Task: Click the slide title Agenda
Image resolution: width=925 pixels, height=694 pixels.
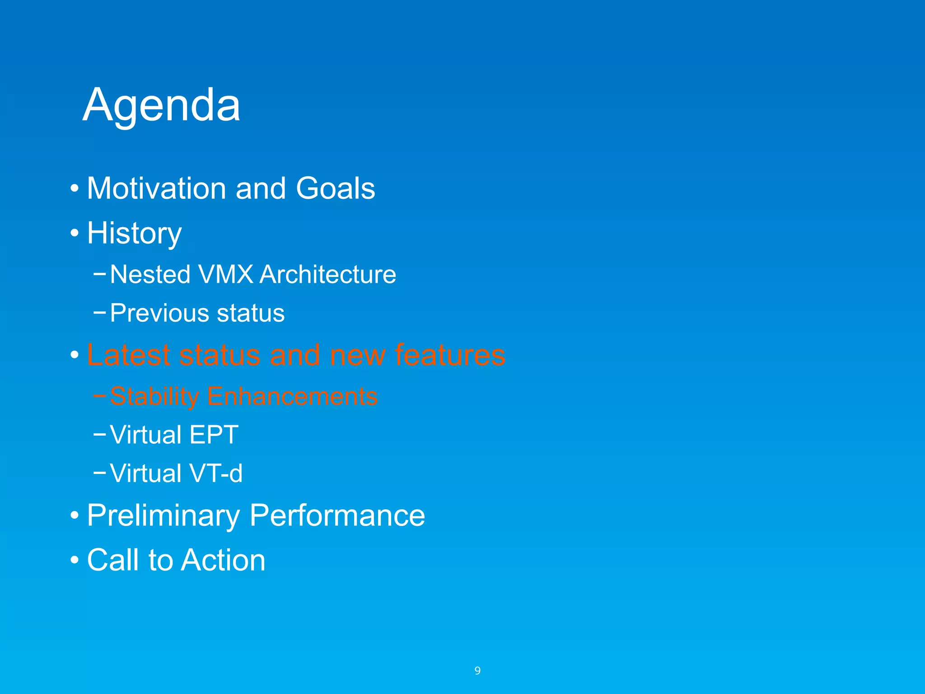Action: coord(161,105)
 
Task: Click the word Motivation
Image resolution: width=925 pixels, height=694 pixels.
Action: coord(156,188)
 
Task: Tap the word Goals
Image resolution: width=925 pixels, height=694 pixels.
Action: coord(335,188)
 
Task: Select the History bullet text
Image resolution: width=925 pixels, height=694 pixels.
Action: coord(134,234)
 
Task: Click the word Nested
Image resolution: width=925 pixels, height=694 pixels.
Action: coord(150,274)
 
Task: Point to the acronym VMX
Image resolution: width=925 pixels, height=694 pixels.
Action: coord(225,274)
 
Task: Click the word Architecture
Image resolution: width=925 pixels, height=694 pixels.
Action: coord(328,274)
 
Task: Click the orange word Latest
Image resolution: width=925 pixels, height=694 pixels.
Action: coord(129,355)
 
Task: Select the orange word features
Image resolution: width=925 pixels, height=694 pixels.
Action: coord(450,355)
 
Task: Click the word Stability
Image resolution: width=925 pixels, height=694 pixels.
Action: coord(154,397)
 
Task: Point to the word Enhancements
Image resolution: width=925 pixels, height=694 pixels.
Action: coord(292,397)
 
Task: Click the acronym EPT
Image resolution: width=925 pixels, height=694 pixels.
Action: coord(214,435)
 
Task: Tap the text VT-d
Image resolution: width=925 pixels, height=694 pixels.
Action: coord(216,474)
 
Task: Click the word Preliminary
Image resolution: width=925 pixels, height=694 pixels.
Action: coord(163,516)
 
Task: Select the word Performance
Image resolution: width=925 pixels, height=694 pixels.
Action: coord(337,516)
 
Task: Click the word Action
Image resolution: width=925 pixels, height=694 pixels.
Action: coord(224,560)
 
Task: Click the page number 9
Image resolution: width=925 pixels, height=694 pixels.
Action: coord(477,671)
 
